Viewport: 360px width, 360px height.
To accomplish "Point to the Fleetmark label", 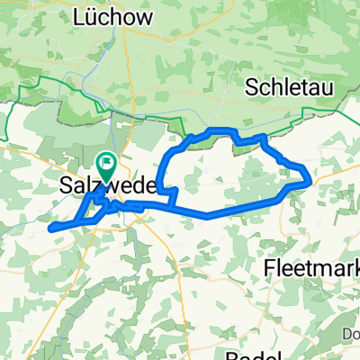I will pyautogui.click(x=311, y=267).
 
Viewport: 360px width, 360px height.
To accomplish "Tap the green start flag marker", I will pyautogui.click(x=106, y=164).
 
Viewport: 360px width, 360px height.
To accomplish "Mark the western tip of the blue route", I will pyautogui.click(x=49, y=227).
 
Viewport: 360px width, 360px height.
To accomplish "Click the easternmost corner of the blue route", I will pyautogui.click(x=311, y=179).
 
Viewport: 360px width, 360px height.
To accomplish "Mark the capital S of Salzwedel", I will pyautogui.click(x=66, y=185).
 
